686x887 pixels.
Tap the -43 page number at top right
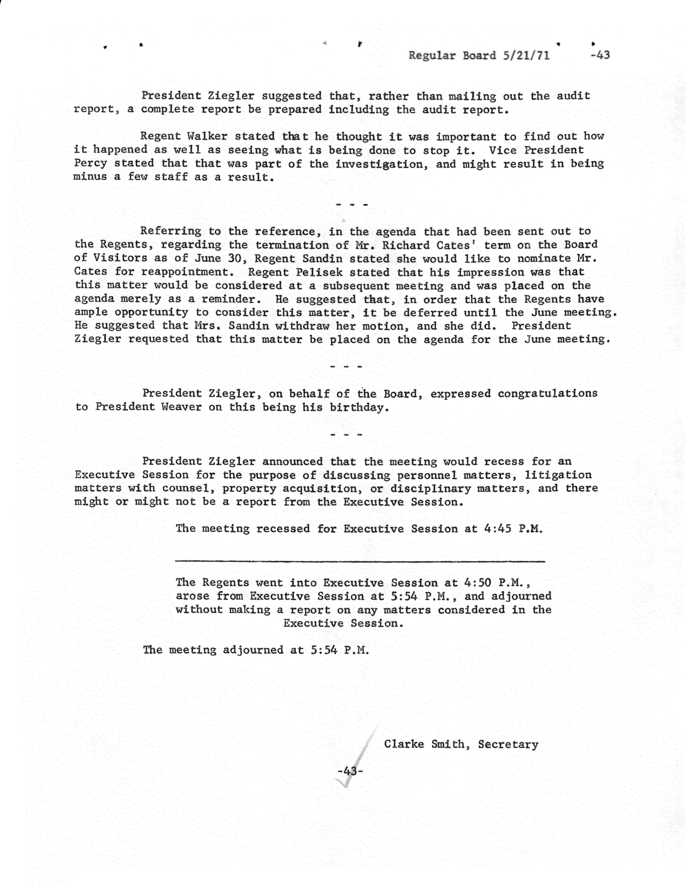point(600,55)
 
